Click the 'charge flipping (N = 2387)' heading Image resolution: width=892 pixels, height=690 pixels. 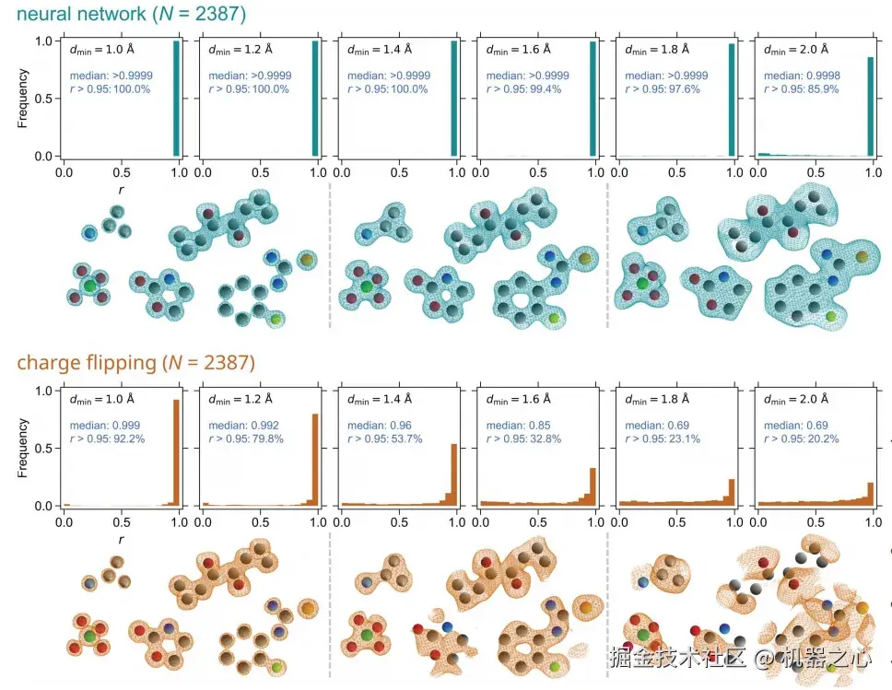point(135,362)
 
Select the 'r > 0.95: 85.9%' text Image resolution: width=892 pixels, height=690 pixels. point(801,89)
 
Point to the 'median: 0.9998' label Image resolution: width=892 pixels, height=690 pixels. point(795,76)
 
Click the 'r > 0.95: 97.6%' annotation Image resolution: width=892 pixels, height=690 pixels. point(663,89)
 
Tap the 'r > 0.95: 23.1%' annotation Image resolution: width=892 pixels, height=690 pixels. point(663,439)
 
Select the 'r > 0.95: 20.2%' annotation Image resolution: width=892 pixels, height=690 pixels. point(801,439)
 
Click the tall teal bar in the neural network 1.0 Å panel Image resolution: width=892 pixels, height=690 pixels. point(176,99)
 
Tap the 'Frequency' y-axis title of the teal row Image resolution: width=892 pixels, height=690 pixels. point(24,99)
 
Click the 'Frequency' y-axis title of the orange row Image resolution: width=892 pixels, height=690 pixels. point(24,448)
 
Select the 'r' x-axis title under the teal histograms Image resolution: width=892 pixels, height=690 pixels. point(122,189)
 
